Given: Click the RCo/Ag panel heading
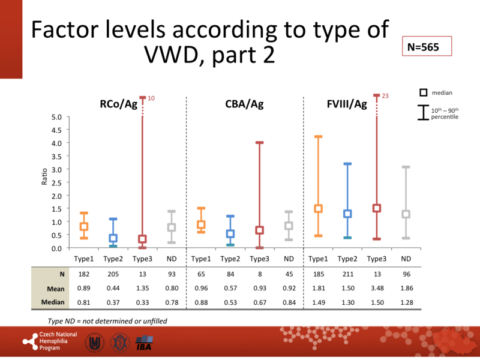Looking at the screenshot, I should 119,104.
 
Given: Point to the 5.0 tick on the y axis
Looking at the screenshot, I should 56,117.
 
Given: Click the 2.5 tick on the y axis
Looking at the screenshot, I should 56,182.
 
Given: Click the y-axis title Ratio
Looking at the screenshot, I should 44,182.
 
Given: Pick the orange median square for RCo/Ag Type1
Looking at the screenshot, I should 85,227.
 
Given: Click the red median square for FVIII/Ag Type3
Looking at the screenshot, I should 377,208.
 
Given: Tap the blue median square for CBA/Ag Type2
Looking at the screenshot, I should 230,234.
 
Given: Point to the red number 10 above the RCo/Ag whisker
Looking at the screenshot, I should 151,97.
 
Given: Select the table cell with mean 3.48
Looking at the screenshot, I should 377,288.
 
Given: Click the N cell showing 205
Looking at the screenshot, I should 113,274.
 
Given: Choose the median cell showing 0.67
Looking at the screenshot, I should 259,301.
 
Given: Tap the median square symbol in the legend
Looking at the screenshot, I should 424,92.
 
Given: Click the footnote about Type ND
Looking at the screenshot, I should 107,320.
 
